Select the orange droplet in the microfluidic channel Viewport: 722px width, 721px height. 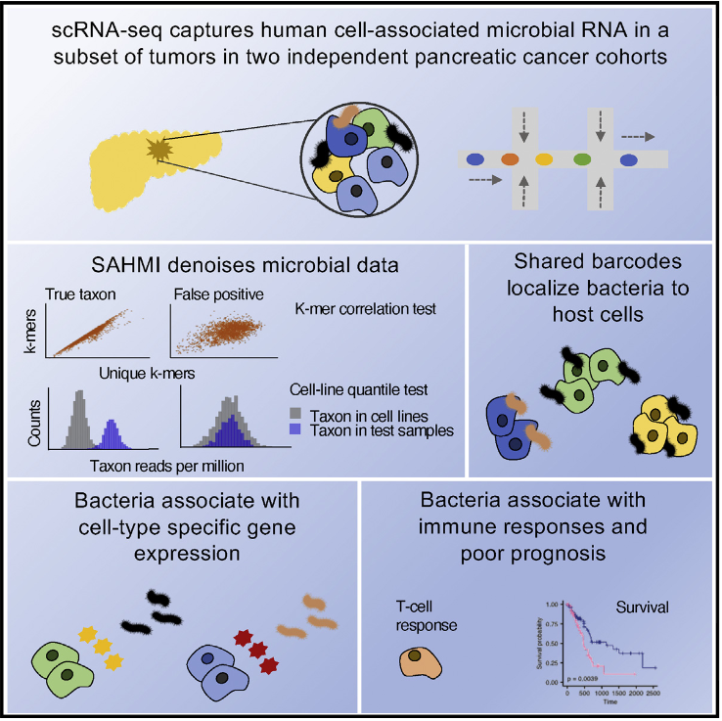pos(510,158)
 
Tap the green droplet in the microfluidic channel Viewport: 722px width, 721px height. pos(581,158)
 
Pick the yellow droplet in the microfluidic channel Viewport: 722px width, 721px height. pos(544,158)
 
